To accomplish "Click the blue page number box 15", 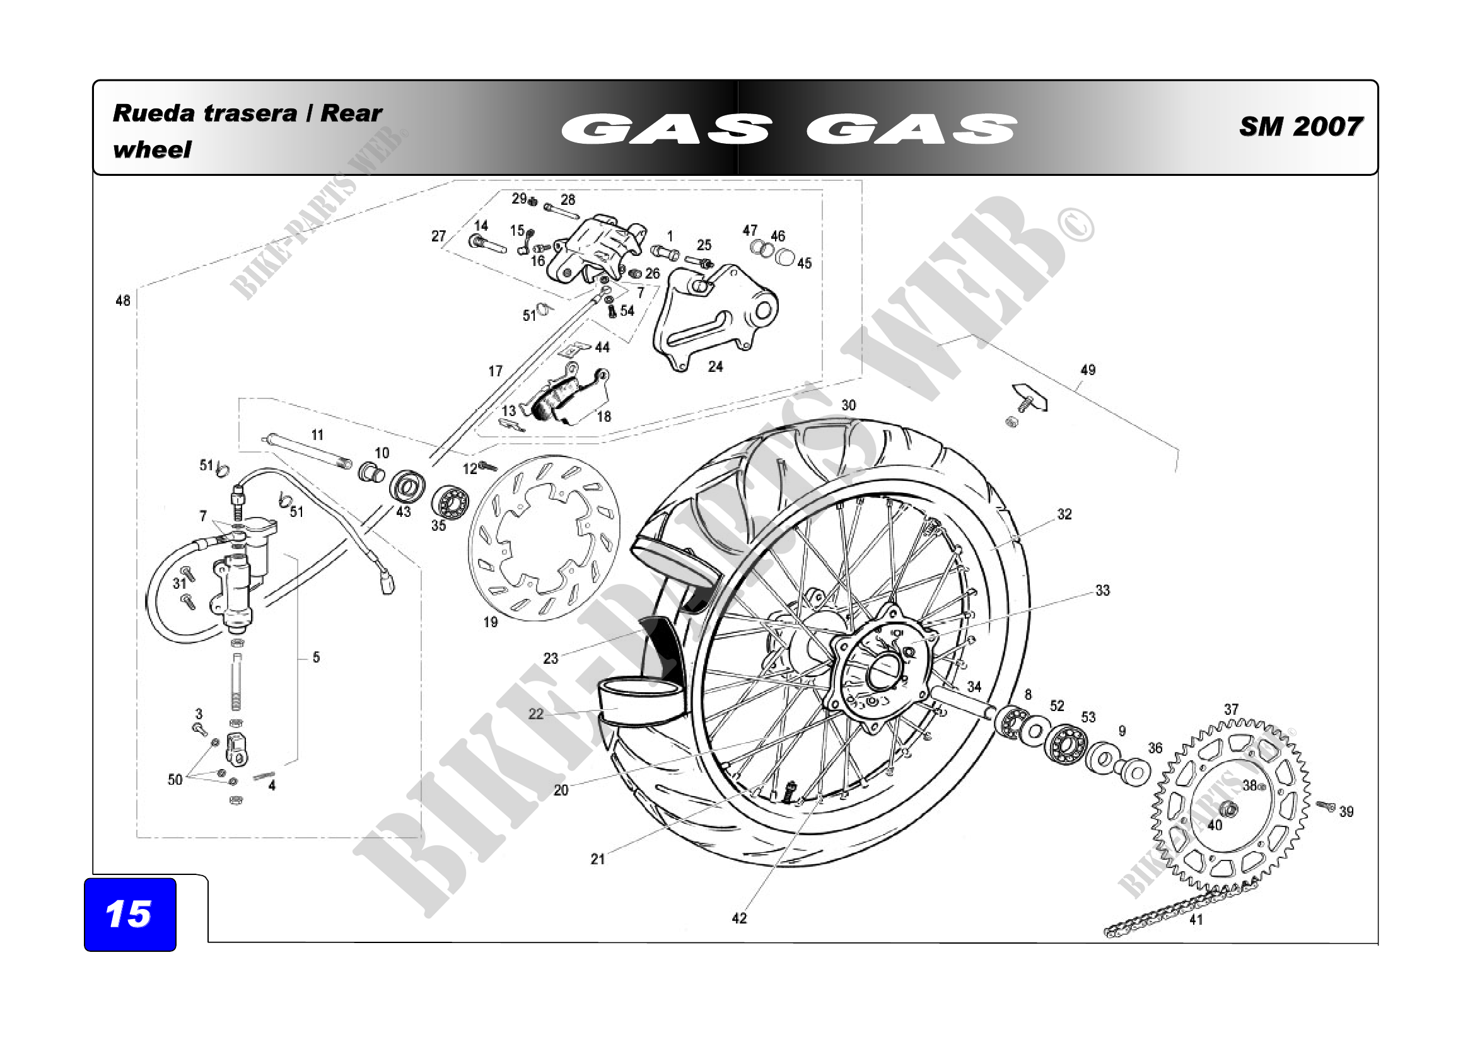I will pyautogui.click(x=130, y=914).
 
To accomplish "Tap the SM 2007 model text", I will pyautogui.click(x=1300, y=127).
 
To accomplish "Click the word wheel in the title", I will pyautogui.click(x=151, y=149).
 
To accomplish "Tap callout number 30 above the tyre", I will pyautogui.click(x=849, y=405).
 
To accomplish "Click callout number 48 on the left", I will pyautogui.click(x=123, y=301).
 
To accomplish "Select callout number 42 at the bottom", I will pyautogui.click(x=740, y=918).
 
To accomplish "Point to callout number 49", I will pyautogui.click(x=1088, y=370).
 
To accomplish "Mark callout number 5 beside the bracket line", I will pyautogui.click(x=316, y=657).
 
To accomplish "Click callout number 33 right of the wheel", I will pyautogui.click(x=1102, y=590).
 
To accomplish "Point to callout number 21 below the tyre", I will pyautogui.click(x=598, y=859).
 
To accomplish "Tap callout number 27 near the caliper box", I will pyautogui.click(x=439, y=236).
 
